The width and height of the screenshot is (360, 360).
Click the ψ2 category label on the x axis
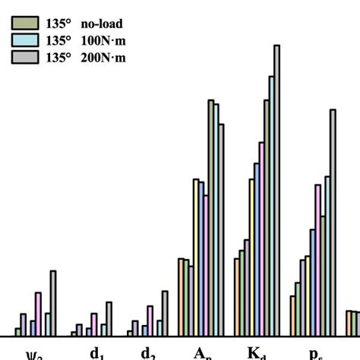click(34, 354)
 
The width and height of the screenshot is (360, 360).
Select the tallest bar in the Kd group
click(276, 190)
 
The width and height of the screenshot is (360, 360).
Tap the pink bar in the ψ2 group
click(38, 314)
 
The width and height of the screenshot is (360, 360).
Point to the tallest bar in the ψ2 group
click(53, 303)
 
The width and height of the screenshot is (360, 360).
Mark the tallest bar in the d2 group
click(165, 313)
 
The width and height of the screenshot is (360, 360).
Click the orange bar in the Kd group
click(236, 297)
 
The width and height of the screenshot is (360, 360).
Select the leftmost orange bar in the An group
click(181, 297)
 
